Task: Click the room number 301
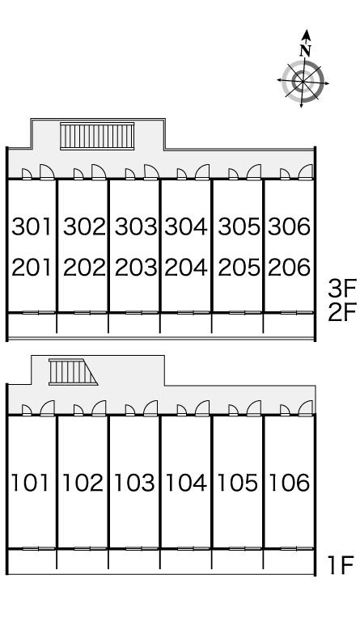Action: coord(32,226)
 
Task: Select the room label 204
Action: coord(186,268)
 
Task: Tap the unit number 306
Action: coord(289,226)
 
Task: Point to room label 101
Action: coord(30,483)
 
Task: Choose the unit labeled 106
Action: coord(290,483)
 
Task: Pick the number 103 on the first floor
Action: coord(134,483)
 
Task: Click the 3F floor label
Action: coord(342,289)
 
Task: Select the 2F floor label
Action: coord(342,312)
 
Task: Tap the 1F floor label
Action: coord(341,565)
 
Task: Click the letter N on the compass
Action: coord(305,50)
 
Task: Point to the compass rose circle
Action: coord(303,82)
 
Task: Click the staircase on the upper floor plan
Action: coord(97,136)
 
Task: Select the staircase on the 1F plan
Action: coord(73,372)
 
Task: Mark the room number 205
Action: coord(239,268)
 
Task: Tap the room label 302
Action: coord(85,226)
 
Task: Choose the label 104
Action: coord(186,483)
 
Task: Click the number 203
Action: coord(136,268)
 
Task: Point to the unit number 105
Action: coord(238,483)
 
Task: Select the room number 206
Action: coord(289,268)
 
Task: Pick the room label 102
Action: coord(83,483)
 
